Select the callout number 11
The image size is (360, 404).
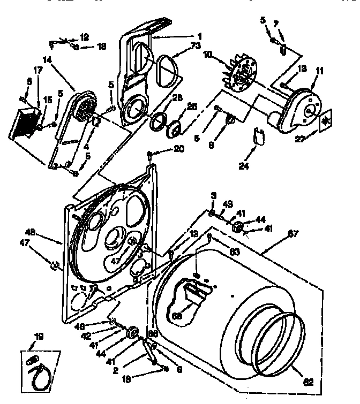point(320,70)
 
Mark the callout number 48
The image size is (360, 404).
point(31,232)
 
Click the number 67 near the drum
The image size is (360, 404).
point(293,233)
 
